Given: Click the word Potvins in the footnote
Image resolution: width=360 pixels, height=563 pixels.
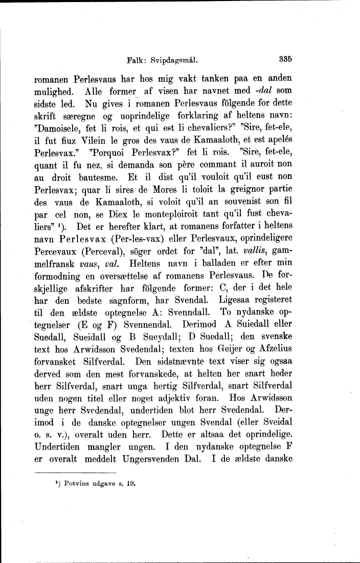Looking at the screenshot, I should (71, 482).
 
